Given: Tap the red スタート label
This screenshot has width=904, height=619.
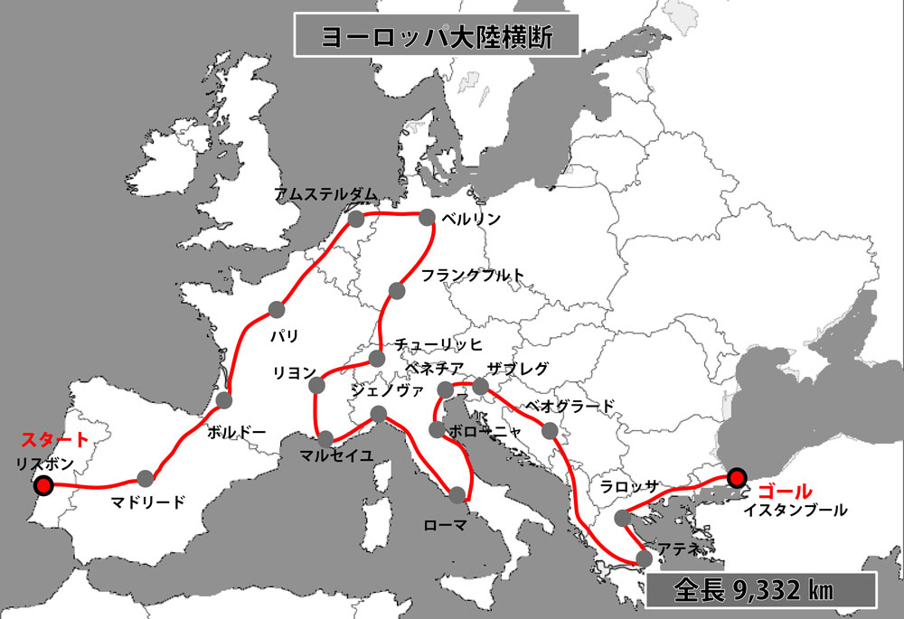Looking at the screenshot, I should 55,441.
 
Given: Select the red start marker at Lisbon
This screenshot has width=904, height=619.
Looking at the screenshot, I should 41,485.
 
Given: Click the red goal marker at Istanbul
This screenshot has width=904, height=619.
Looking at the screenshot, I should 737,477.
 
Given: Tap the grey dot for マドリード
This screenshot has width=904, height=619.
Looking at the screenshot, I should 146,479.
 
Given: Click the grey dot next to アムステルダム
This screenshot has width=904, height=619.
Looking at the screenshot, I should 356,219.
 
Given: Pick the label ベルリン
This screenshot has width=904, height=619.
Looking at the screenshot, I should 470,219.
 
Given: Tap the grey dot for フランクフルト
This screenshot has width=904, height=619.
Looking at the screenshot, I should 395,290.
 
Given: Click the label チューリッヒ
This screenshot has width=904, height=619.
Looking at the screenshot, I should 438,344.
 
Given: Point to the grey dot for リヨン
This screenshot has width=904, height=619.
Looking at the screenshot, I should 317,386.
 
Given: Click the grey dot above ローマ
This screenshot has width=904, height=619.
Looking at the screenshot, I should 457,493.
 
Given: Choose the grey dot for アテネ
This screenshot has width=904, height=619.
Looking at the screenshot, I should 644,558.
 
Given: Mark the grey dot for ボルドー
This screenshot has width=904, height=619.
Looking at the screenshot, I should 225,400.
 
